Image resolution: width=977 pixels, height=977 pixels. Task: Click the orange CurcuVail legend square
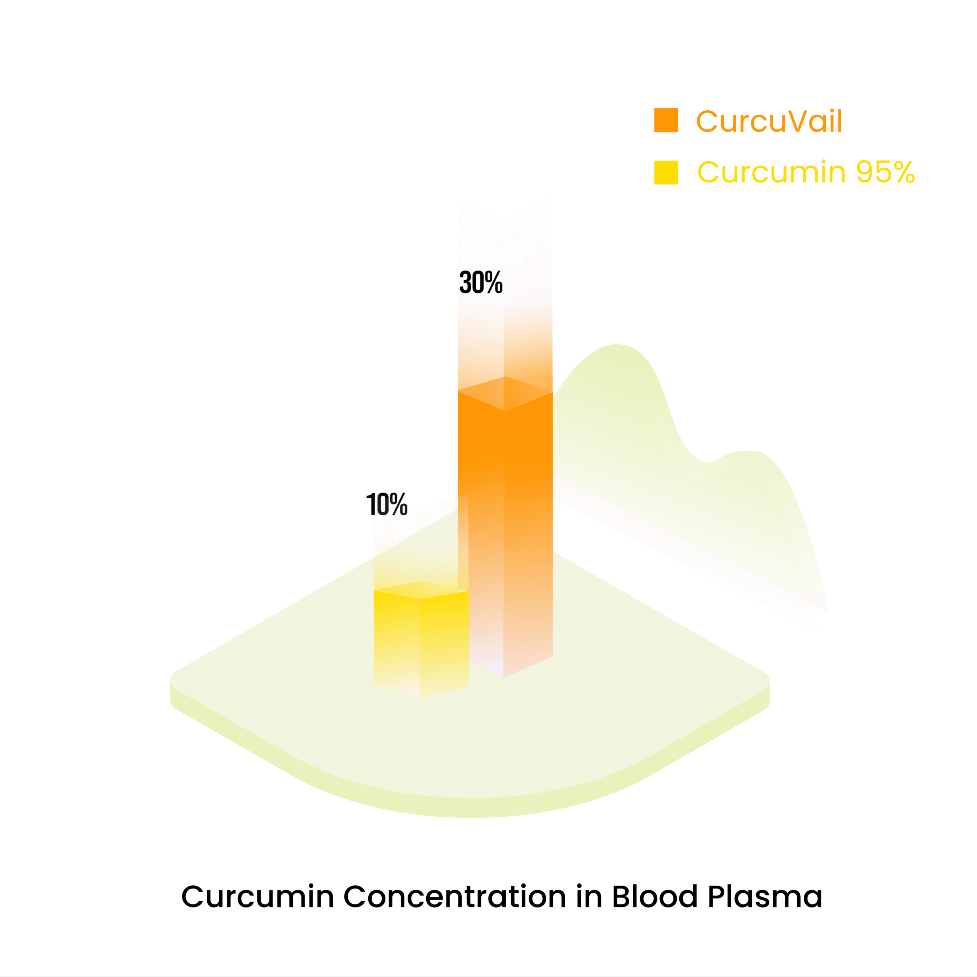(x=666, y=120)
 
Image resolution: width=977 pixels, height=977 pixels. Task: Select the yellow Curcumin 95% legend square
(x=666, y=173)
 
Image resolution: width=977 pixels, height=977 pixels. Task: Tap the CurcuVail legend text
(x=769, y=121)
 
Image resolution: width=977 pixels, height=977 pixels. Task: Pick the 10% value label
(x=387, y=504)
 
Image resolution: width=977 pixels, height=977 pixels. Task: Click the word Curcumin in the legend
(x=772, y=172)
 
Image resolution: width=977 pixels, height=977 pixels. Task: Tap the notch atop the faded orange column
(x=504, y=221)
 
